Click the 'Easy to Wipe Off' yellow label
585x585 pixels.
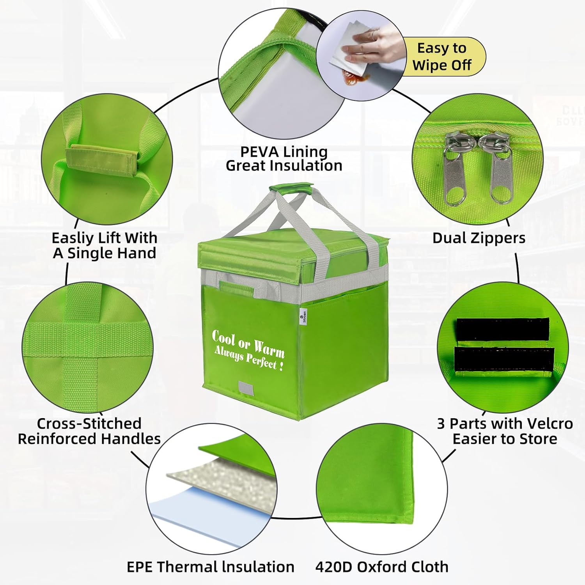tap(442, 57)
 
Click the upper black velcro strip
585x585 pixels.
tap(503, 329)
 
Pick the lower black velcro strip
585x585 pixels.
tap(504, 359)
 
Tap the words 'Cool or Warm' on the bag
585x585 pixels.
tap(248, 343)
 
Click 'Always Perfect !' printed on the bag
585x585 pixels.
tap(248, 358)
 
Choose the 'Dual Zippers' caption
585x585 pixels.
tap(479, 238)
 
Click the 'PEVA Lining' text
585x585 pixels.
tap(284, 151)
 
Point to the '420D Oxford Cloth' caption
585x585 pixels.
tap(382, 567)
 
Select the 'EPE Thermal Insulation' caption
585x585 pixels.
tap(211, 567)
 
